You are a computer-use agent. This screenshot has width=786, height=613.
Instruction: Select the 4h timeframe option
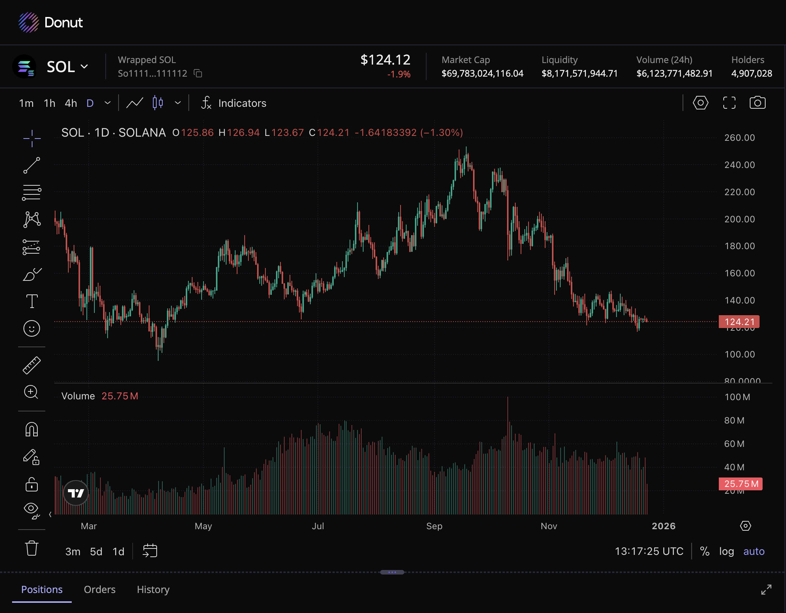point(71,103)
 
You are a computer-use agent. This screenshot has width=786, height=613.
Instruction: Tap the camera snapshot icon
point(757,103)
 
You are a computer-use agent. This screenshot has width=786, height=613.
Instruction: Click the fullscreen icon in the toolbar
point(729,103)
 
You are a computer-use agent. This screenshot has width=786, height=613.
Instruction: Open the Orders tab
point(100,589)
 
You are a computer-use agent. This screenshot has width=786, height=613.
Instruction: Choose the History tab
point(153,589)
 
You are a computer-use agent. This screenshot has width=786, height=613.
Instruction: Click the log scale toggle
point(726,551)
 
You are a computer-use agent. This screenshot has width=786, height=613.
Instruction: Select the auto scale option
point(754,551)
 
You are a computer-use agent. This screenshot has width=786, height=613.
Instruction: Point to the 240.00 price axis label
point(739,165)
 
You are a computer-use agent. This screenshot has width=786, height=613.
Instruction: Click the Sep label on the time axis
point(434,526)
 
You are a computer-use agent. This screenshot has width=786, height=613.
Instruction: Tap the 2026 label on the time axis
point(663,526)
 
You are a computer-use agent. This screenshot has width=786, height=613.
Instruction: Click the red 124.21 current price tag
point(739,322)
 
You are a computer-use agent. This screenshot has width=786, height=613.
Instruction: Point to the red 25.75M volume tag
point(741,484)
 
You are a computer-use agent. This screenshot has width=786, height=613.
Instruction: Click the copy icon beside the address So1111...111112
point(198,73)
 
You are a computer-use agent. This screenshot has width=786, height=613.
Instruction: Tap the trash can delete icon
point(32,548)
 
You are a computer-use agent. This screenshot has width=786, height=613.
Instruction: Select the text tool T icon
point(32,301)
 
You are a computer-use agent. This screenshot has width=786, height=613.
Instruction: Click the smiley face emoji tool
point(32,328)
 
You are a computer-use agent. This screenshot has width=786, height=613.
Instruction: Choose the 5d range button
point(96,551)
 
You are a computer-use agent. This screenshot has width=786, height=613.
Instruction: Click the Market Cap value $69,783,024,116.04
point(482,73)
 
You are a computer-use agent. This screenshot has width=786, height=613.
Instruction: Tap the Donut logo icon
point(29,22)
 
